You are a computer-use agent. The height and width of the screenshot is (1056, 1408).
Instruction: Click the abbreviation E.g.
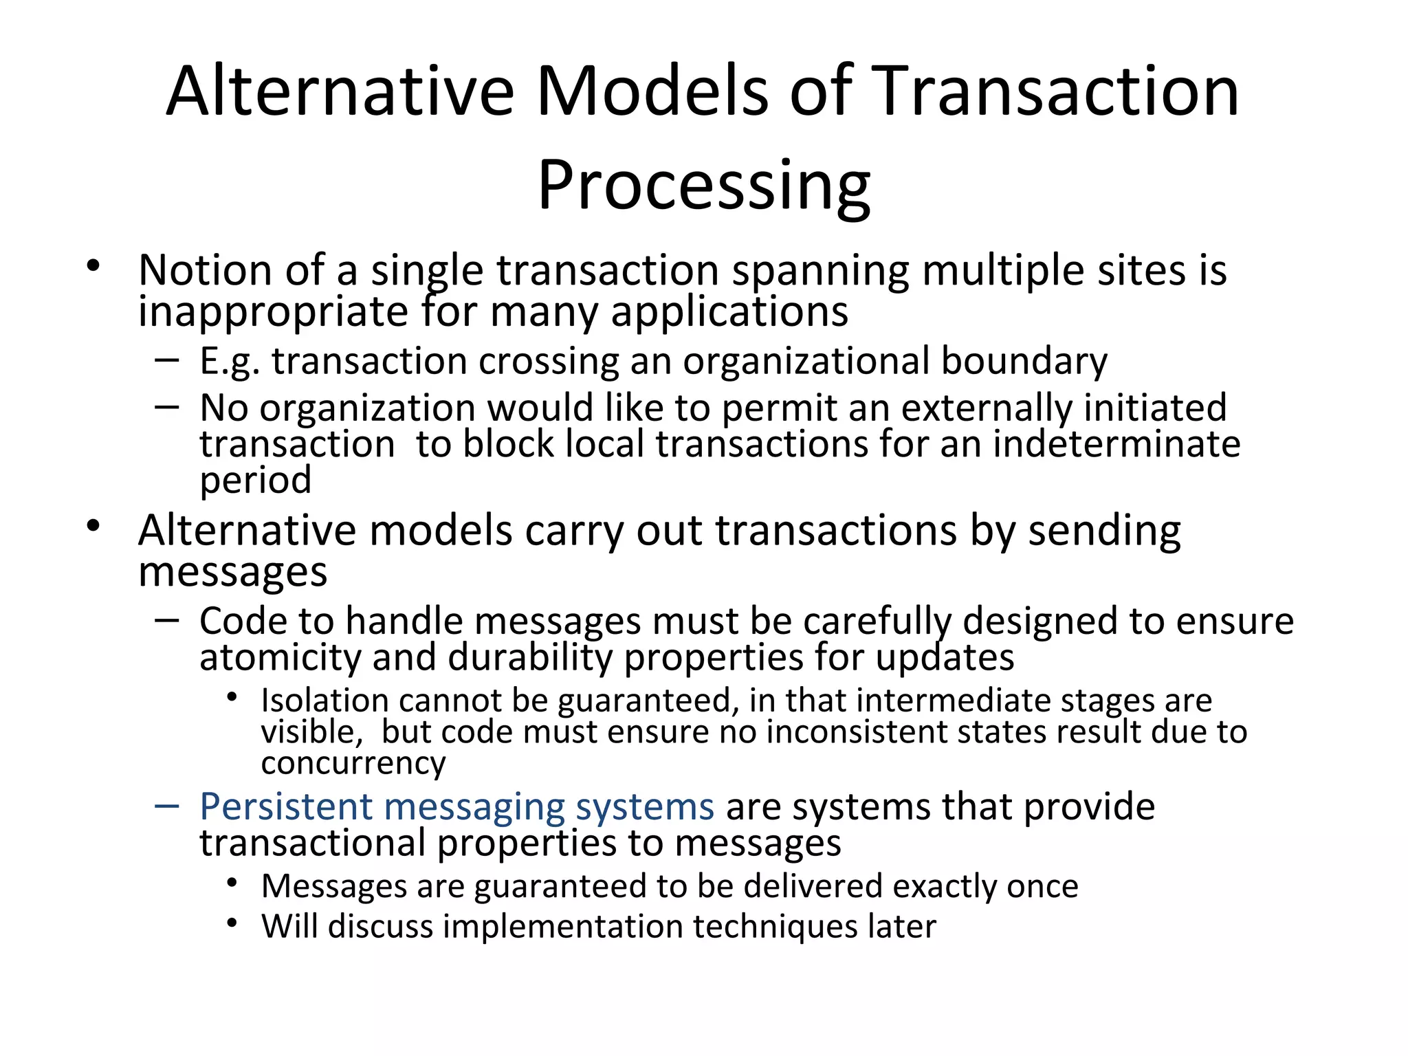coord(230,362)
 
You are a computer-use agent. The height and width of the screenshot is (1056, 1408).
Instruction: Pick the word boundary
coord(1024,362)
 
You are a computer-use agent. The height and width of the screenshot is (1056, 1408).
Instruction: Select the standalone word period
coord(255,481)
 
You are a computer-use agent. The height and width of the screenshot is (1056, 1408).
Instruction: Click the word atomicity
coord(280,657)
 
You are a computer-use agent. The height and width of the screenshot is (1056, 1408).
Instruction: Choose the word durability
coord(530,657)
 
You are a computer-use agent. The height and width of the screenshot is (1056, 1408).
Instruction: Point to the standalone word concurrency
coord(353,763)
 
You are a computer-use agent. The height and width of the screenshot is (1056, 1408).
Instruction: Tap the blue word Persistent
coord(286,807)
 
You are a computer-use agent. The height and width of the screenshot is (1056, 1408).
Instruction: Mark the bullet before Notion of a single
coord(94,265)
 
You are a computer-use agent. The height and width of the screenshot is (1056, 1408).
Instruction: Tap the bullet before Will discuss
coord(232,923)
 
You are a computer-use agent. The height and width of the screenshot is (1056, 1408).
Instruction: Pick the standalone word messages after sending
coord(232,572)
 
